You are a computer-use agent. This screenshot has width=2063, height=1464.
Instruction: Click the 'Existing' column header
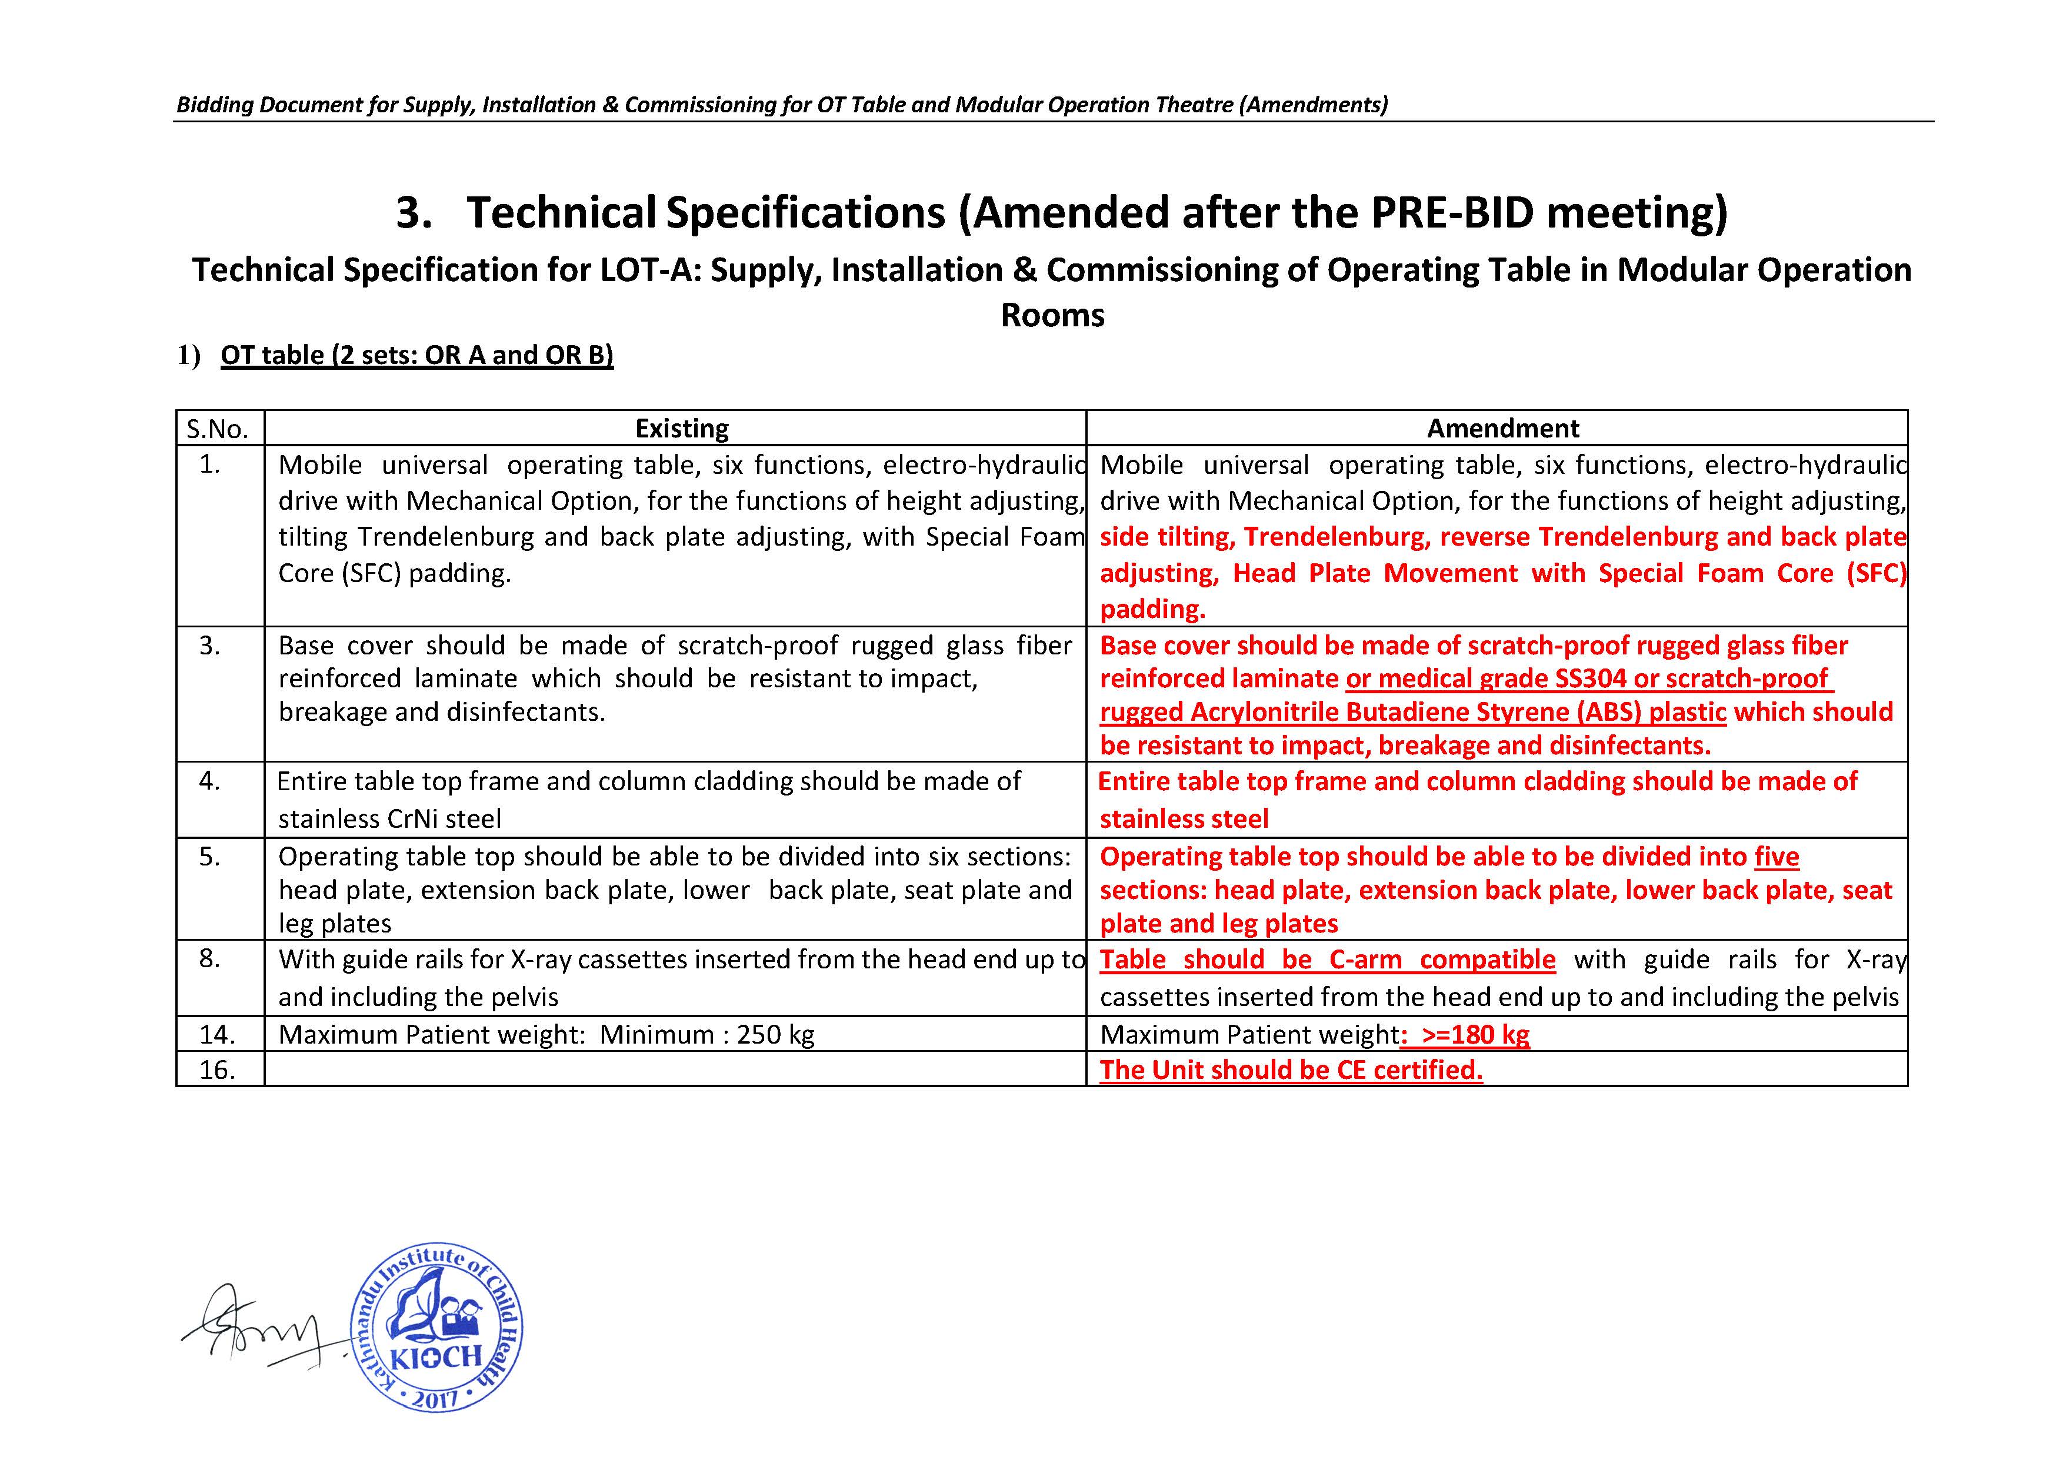pos(682,428)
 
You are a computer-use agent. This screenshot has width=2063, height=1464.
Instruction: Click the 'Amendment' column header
pos(1502,428)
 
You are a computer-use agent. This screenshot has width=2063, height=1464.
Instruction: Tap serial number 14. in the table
pos(217,1034)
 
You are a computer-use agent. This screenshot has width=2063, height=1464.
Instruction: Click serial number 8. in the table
pos(210,958)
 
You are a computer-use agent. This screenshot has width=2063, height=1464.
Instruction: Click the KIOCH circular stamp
pos(436,1327)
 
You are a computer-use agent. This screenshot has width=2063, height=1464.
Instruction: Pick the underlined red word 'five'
pos(1777,857)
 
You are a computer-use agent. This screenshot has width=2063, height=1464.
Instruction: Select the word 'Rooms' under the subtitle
pos(1052,316)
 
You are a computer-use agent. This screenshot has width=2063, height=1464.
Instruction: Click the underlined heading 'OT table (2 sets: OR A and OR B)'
pos(416,355)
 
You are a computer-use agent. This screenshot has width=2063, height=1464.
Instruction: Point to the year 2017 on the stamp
pos(435,1399)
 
